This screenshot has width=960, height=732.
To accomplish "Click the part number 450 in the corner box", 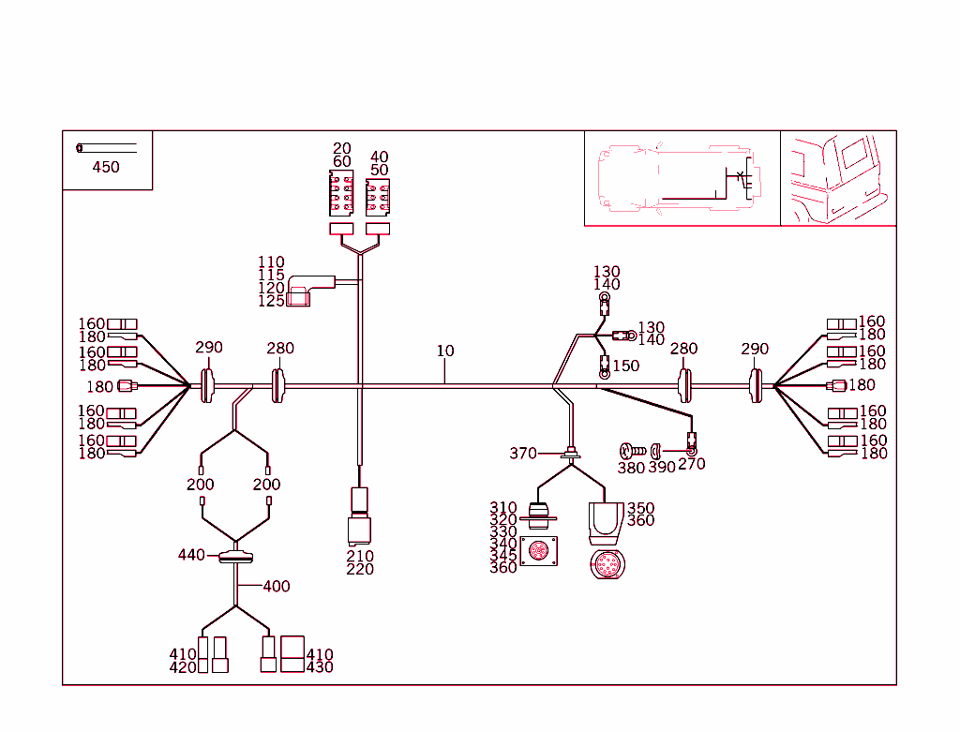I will coord(106,168).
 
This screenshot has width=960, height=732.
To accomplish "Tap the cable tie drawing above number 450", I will coord(106,147).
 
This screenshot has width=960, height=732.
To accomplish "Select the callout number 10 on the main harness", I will coord(445,351).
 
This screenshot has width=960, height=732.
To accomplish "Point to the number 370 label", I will coord(523,454).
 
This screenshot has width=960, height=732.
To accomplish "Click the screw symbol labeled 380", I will coord(631,452).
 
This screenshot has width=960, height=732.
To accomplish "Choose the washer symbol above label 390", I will coord(655,451).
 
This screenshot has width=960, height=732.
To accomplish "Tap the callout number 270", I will coord(692,464).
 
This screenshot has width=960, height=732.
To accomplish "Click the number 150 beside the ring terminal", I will coord(626,366).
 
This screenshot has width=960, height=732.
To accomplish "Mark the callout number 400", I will coord(277,587).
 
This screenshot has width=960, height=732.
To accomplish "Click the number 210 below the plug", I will coord(360,556).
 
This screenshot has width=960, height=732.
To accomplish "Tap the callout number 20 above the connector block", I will coord(342,149).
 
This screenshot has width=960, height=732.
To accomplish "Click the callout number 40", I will coord(380,157).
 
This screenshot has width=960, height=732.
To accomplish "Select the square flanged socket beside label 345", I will coord(539,551).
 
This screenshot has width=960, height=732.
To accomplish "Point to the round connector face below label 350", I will coord(605,566).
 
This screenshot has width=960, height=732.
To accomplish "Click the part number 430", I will coord(320,667).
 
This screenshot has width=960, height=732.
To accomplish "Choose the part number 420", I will coord(183,667).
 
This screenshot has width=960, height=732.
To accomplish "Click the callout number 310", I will coord(503,508).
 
